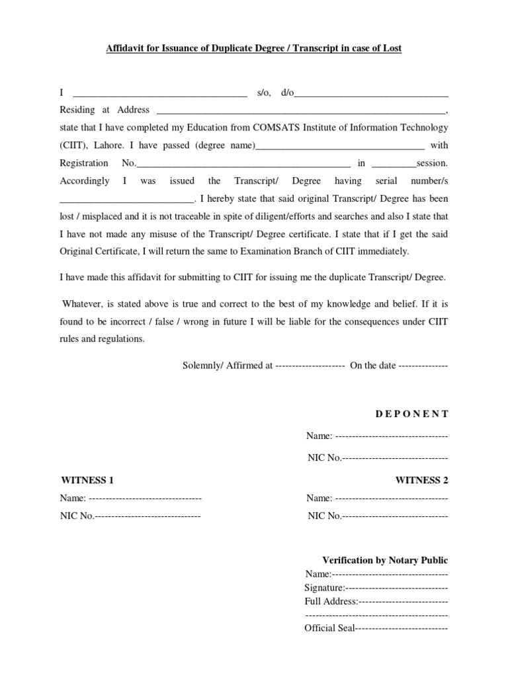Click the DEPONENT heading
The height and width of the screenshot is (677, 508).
coord(412,414)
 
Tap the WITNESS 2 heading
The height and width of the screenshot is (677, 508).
coord(421,480)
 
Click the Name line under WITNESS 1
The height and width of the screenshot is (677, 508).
coord(144,498)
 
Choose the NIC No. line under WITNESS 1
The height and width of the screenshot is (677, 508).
coord(148,516)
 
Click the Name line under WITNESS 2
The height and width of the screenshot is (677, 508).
coord(392,498)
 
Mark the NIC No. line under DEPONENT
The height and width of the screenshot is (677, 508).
coord(395,458)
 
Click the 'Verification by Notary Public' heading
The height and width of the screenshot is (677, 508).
coord(385,560)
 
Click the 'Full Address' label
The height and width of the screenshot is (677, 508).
coord(331,601)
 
